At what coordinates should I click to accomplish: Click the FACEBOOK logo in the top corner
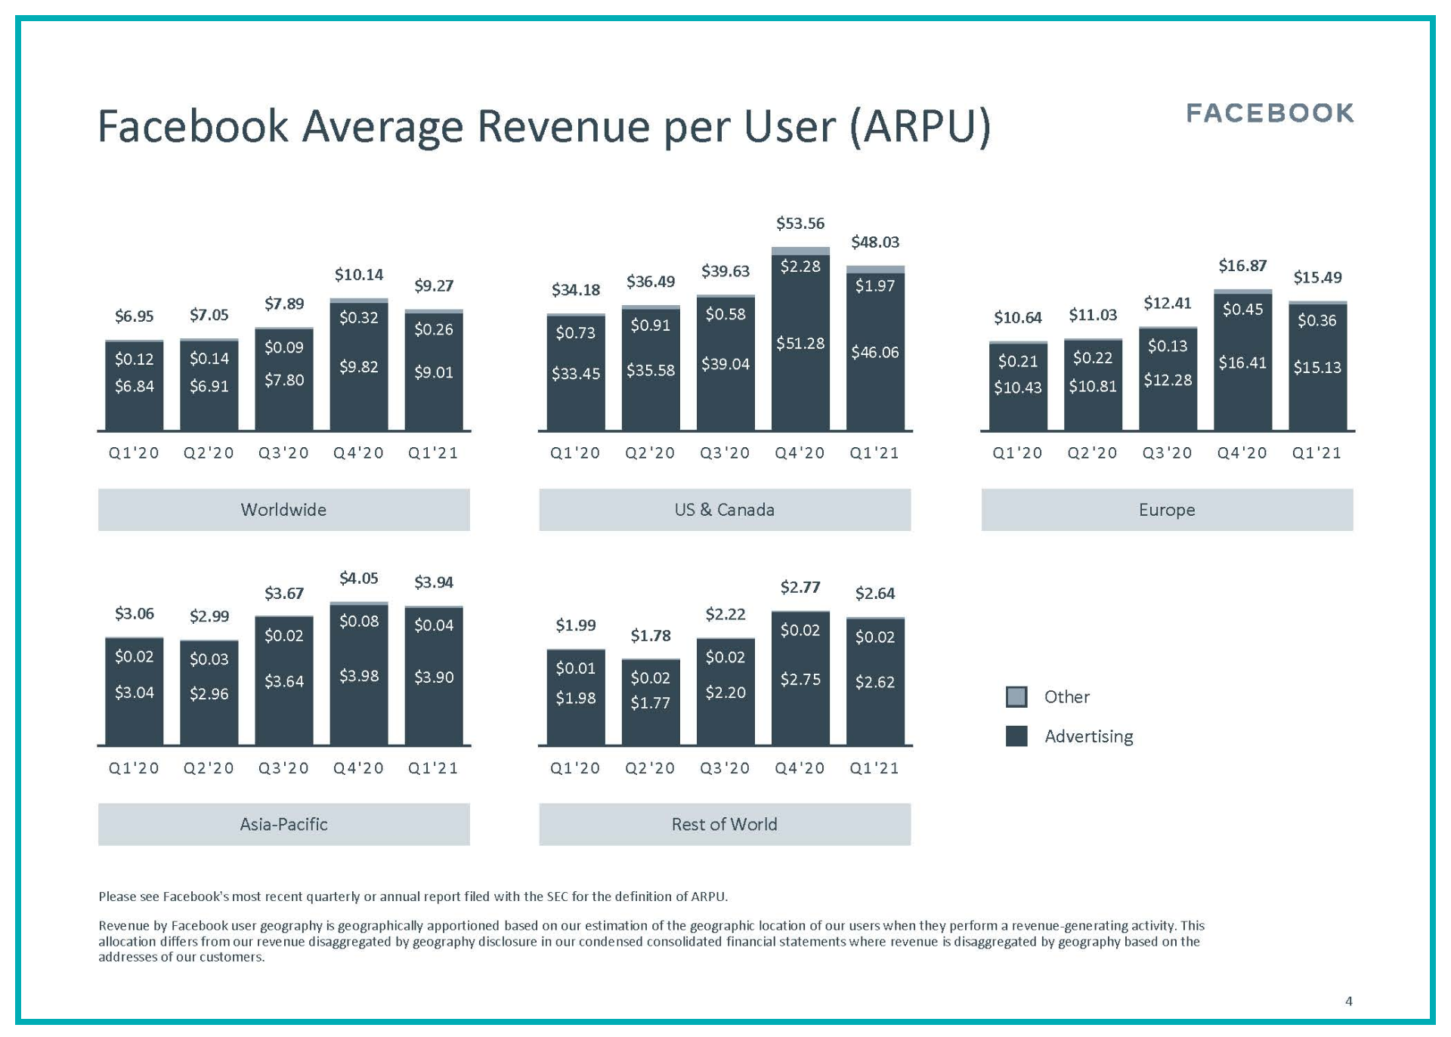click(1270, 113)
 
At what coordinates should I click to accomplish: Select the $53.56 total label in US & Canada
click(800, 224)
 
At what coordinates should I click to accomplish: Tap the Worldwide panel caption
click(283, 510)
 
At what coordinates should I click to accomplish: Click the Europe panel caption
click(1166, 510)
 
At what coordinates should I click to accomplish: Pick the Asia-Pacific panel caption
click(283, 824)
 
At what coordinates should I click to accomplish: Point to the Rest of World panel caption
click(724, 824)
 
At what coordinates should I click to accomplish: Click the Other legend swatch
click(1016, 696)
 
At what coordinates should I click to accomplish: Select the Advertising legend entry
click(1087, 736)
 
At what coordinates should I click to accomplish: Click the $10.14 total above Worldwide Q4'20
click(359, 275)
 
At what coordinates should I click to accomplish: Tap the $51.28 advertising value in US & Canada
click(800, 344)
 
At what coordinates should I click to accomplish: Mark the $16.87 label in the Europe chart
click(1242, 266)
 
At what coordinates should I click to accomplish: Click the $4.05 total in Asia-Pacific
click(359, 579)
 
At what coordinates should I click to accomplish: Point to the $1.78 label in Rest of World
click(650, 636)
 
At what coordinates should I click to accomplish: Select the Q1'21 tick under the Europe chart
click(1316, 453)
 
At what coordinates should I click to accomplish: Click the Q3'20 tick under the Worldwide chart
click(283, 453)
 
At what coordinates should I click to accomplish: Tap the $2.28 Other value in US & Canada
click(800, 267)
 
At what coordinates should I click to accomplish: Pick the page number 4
click(1348, 1002)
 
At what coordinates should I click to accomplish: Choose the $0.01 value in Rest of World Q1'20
click(575, 668)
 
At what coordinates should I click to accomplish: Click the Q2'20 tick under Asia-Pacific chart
click(209, 768)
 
